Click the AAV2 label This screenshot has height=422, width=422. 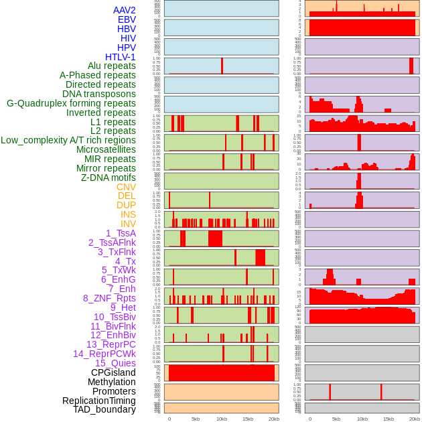point(125,10)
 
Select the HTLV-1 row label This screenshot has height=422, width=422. point(121,57)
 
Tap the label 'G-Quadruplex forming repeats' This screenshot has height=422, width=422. point(71,103)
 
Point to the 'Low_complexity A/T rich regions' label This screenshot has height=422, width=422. point(68,140)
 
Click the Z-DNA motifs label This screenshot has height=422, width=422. point(109,178)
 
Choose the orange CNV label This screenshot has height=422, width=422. point(126,187)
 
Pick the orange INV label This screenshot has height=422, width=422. point(128,224)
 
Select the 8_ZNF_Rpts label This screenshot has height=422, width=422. point(109,298)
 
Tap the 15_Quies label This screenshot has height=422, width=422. point(115,363)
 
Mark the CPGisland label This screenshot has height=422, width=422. point(113,372)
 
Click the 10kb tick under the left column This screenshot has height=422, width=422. point(221,419)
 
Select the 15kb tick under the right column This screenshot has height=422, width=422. point(388,419)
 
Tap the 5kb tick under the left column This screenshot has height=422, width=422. point(196,419)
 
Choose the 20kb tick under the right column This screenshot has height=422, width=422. point(414,419)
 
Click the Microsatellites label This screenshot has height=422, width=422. point(106,149)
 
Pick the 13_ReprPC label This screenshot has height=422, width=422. point(111,344)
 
